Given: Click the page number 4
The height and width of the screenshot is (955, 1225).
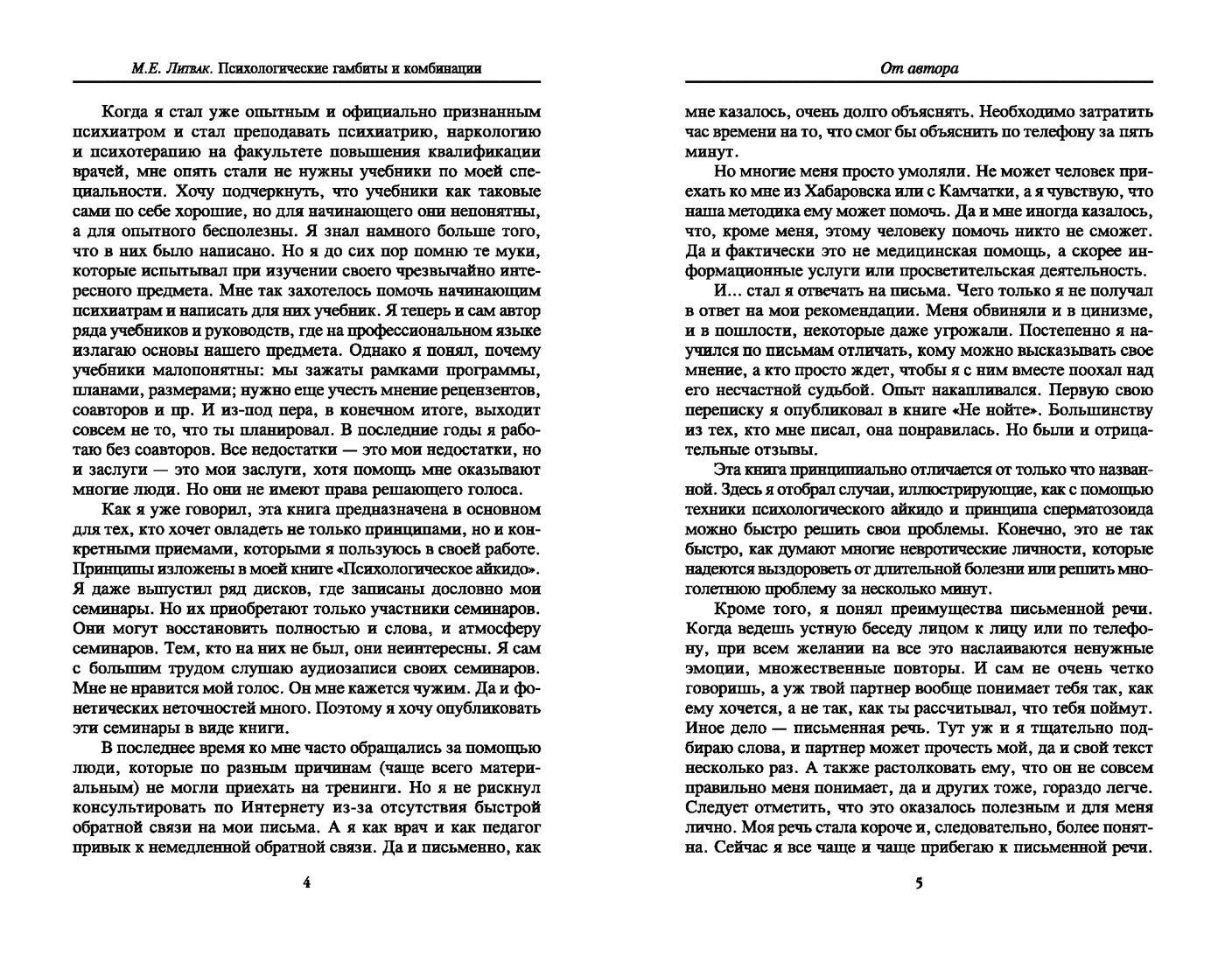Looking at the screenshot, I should [x=306, y=883].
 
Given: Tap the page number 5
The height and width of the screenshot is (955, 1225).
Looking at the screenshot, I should [x=919, y=883].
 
